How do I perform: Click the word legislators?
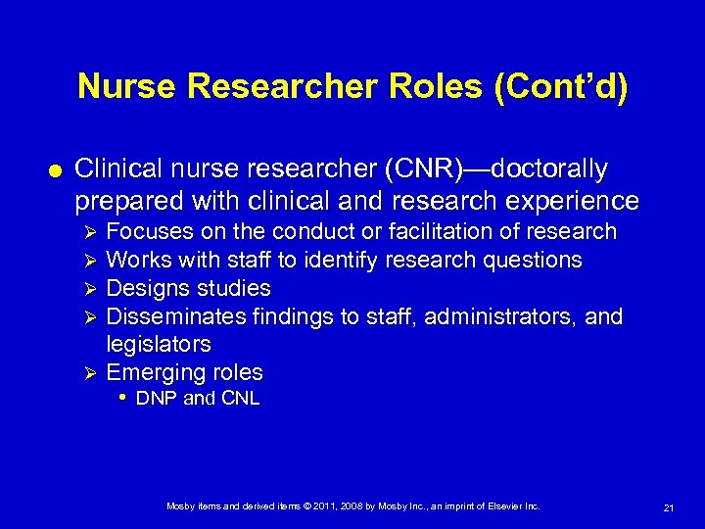pyautogui.click(x=158, y=345)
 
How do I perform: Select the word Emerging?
pyautogui.click(x=152, y=373)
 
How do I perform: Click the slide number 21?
pyautogui.click(x=669, y=507)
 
